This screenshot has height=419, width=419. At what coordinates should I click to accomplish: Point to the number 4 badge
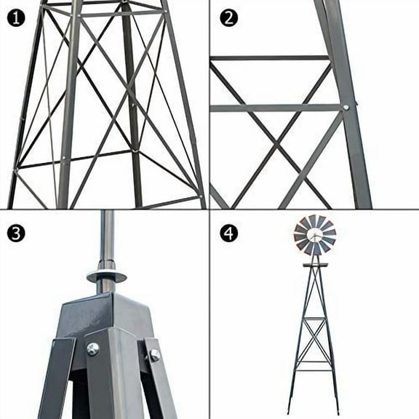click(x=228, y=233)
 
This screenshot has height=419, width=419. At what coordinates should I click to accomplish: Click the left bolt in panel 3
click(x=92, y=349)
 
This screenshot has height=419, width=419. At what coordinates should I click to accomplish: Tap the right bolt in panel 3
click(x=154, y=355)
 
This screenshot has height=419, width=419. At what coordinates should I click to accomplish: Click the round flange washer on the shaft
click(x=106, y=276)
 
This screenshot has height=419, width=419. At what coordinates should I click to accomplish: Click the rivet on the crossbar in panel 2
click(x=346, y=108)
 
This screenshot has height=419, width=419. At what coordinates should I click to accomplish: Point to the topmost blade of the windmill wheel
click(x=313, y=220)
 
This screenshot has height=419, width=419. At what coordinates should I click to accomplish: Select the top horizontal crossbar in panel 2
click(x=269, y=57)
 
